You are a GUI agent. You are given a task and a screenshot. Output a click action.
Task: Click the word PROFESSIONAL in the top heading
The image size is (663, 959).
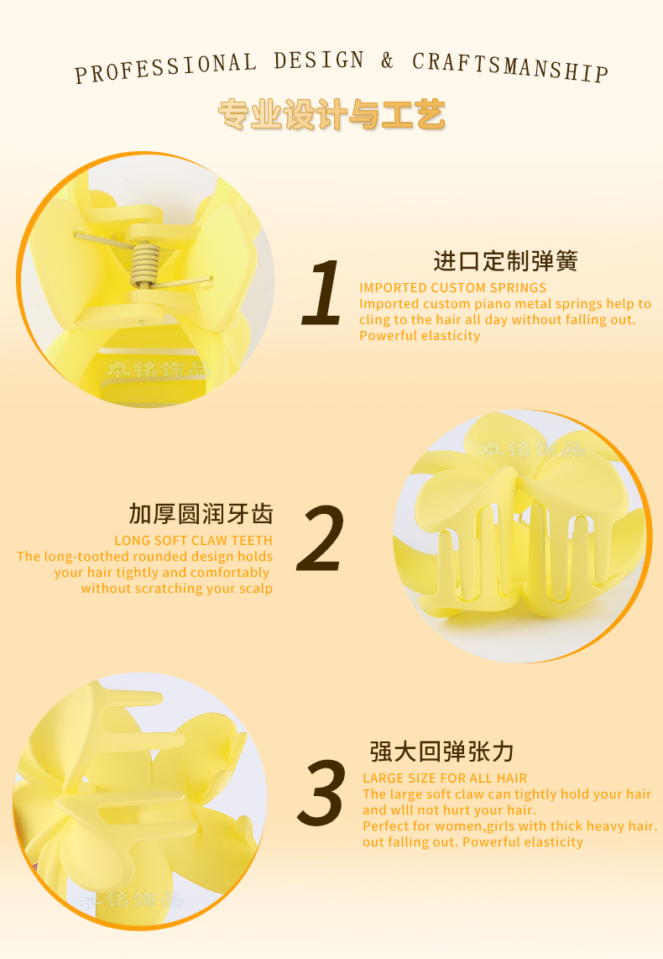(x=165, y=67)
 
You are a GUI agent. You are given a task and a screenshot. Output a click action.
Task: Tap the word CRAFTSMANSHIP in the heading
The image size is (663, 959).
(x=510, y=66)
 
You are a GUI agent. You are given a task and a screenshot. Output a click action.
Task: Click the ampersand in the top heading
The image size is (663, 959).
(x=388, y=60)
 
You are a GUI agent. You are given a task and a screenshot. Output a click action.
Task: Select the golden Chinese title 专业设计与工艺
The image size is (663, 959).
(x=331, y=114)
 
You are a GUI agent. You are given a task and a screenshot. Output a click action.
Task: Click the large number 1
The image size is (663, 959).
(x=322, y=291)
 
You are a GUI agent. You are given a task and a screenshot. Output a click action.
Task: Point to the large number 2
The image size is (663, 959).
(x=321, y=538)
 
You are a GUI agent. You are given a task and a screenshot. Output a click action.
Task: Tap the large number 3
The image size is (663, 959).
(x=321, y=792)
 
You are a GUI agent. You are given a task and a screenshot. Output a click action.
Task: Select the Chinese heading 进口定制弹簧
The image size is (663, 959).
(x=505, y=261)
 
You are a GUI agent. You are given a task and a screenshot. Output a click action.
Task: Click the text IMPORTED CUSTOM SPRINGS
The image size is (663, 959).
(x=453, y=287)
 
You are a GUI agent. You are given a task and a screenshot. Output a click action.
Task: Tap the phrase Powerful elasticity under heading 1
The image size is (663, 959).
(x=420, y=336)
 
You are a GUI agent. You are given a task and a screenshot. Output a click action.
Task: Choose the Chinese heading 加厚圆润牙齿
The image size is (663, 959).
(x=201, y=514)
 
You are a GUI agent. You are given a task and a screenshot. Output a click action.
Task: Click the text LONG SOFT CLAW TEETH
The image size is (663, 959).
(x=193, y=541)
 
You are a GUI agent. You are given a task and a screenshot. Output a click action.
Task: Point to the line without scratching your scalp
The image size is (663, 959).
(x=176, y=589)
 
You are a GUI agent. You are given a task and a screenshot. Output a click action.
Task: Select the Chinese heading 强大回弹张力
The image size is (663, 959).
(x=441, y=752)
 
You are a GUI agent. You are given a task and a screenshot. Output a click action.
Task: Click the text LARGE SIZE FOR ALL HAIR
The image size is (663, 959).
(x=445, y=778)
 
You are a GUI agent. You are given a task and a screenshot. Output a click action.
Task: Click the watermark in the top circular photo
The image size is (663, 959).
(x=159, y=369)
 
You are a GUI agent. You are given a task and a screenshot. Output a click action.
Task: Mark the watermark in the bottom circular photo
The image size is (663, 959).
(x=132, y=899)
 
